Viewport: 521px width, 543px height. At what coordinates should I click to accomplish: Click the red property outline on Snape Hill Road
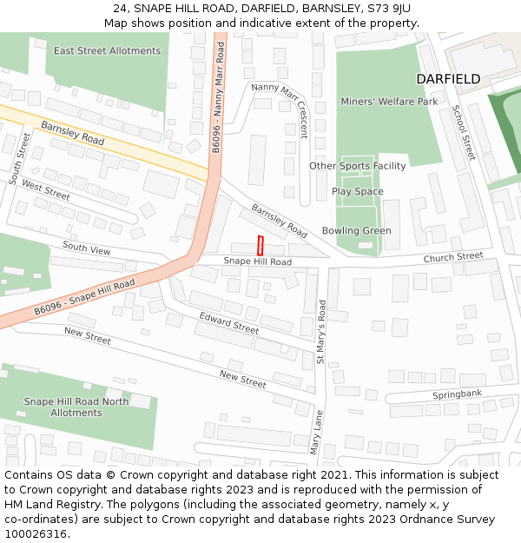point(260,245)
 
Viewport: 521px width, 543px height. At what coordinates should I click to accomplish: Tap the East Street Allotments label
point(107,51)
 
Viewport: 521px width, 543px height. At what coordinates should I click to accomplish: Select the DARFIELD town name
point(447,79)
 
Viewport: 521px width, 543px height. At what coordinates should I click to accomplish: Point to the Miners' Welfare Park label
point(390,102)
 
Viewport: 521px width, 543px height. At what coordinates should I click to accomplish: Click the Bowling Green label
point(356,231)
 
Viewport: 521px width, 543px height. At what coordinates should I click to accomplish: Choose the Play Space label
point(357,192)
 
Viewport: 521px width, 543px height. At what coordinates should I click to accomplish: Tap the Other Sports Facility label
point(357,166)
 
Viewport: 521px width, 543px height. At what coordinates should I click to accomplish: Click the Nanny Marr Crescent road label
point(280,109)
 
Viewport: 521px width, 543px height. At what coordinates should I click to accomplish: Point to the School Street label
point(463,133)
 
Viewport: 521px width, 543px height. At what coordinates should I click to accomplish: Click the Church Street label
point(452,257)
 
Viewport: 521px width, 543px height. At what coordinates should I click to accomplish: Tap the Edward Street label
point(229,323)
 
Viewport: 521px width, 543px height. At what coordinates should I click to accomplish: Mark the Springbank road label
point(457,395)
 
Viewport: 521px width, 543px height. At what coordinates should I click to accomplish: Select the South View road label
point(86,249)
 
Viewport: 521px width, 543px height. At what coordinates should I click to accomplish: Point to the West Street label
point(45,189)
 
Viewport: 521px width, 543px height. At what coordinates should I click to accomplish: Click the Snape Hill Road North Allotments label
point(76,407)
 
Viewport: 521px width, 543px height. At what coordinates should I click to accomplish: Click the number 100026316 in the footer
point(36,533)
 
